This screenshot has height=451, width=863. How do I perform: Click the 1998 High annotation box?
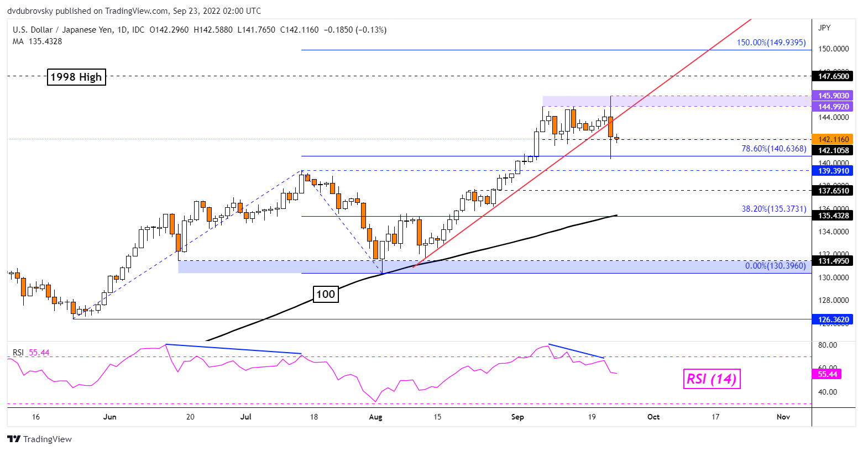coord(76,77)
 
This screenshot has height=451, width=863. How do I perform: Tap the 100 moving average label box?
coord(325,294)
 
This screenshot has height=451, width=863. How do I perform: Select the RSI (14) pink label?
coord(711,379)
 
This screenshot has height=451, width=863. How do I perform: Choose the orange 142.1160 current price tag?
coord(833,139)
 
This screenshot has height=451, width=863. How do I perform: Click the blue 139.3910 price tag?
coord(833,171)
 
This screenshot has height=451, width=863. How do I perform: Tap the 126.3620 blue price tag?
coord(833,319)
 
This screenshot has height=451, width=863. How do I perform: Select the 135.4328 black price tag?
coord(833,216)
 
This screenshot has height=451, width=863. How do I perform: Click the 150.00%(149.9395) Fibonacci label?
coord(771,43)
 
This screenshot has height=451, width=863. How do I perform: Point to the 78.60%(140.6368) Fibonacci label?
coord(773,149)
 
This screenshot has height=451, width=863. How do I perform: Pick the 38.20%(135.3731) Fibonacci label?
coord(773,209)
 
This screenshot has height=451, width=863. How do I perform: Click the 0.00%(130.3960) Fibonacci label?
coord(775,266)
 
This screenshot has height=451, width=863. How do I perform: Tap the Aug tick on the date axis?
coord(375,417)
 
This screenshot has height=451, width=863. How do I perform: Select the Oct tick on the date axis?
coord(653,417)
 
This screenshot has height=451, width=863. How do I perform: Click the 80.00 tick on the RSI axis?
coord(828,345)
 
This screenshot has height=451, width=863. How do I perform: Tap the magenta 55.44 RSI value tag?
coord(827,374)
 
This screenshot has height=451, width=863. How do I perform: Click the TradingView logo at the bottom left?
coord(40,439)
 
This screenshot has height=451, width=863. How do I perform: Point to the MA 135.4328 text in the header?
coord(37,41)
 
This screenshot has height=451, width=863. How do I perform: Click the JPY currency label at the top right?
coord(824,28)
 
